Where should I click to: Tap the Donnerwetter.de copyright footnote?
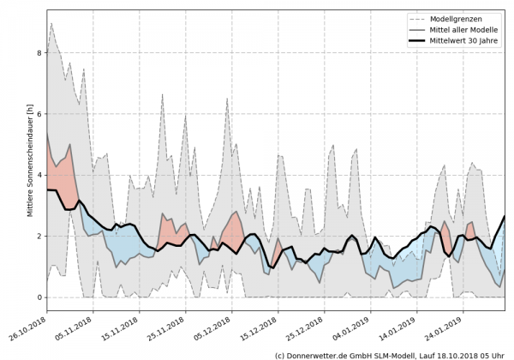(x=390, y=354)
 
